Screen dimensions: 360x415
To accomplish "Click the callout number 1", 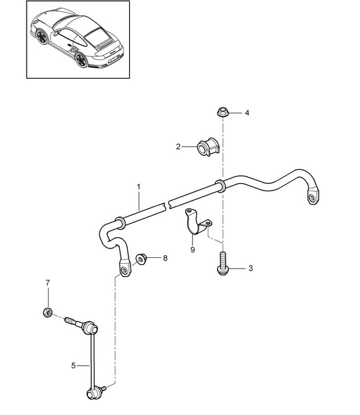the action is pos(139,187).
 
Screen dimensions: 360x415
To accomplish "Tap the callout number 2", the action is pos(178,147).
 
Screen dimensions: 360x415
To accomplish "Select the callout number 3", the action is pos(251,268).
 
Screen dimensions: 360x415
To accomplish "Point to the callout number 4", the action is pos(247,113).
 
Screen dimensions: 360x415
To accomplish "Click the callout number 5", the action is pos(73,366).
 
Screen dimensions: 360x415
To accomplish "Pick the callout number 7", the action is pos(47,283).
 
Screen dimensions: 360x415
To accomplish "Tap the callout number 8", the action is pos(165,258).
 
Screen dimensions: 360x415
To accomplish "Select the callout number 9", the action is pos(192,250).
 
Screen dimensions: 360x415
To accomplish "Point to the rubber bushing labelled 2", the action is pos(208,147).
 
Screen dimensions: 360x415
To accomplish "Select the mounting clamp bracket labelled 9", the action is pos(197,222).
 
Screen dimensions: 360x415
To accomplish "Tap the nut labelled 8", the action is pos(141,258).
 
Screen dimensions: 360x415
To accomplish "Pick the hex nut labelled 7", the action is pos(47,312).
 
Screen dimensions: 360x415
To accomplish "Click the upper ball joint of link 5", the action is pos(89,328).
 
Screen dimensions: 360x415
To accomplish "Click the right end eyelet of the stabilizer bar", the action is pos(313,197).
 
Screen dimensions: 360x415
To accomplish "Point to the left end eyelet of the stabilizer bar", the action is pos(124,270).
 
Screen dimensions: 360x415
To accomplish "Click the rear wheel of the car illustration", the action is pos(81,60).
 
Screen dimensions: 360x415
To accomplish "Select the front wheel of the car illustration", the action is pos(42,37).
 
